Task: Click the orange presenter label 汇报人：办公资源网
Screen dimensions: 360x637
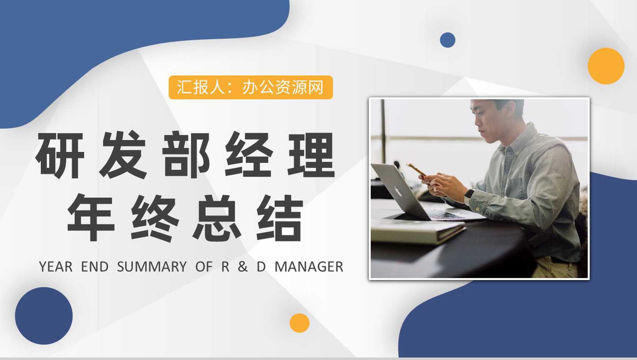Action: click(x=251, y=87)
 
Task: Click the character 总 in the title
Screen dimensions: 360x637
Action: click(x=217, y=217)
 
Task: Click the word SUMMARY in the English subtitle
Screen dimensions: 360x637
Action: click(x=152, y=267)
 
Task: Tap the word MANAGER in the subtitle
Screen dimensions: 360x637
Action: click(x=309, y=267)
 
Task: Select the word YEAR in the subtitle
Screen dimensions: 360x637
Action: click(x=56, y=267)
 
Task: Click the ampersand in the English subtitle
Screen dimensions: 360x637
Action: click(x=243, y=267)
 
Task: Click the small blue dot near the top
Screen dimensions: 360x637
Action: click(x=447, y=40)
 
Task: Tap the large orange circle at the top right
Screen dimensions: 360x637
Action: click(x=606, y=66)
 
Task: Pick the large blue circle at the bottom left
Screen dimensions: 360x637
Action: click(x=44, y=316)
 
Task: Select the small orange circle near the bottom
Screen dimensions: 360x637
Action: click(x=299, y=323)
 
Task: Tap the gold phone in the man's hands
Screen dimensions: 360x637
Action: click(x=417, y=170)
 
